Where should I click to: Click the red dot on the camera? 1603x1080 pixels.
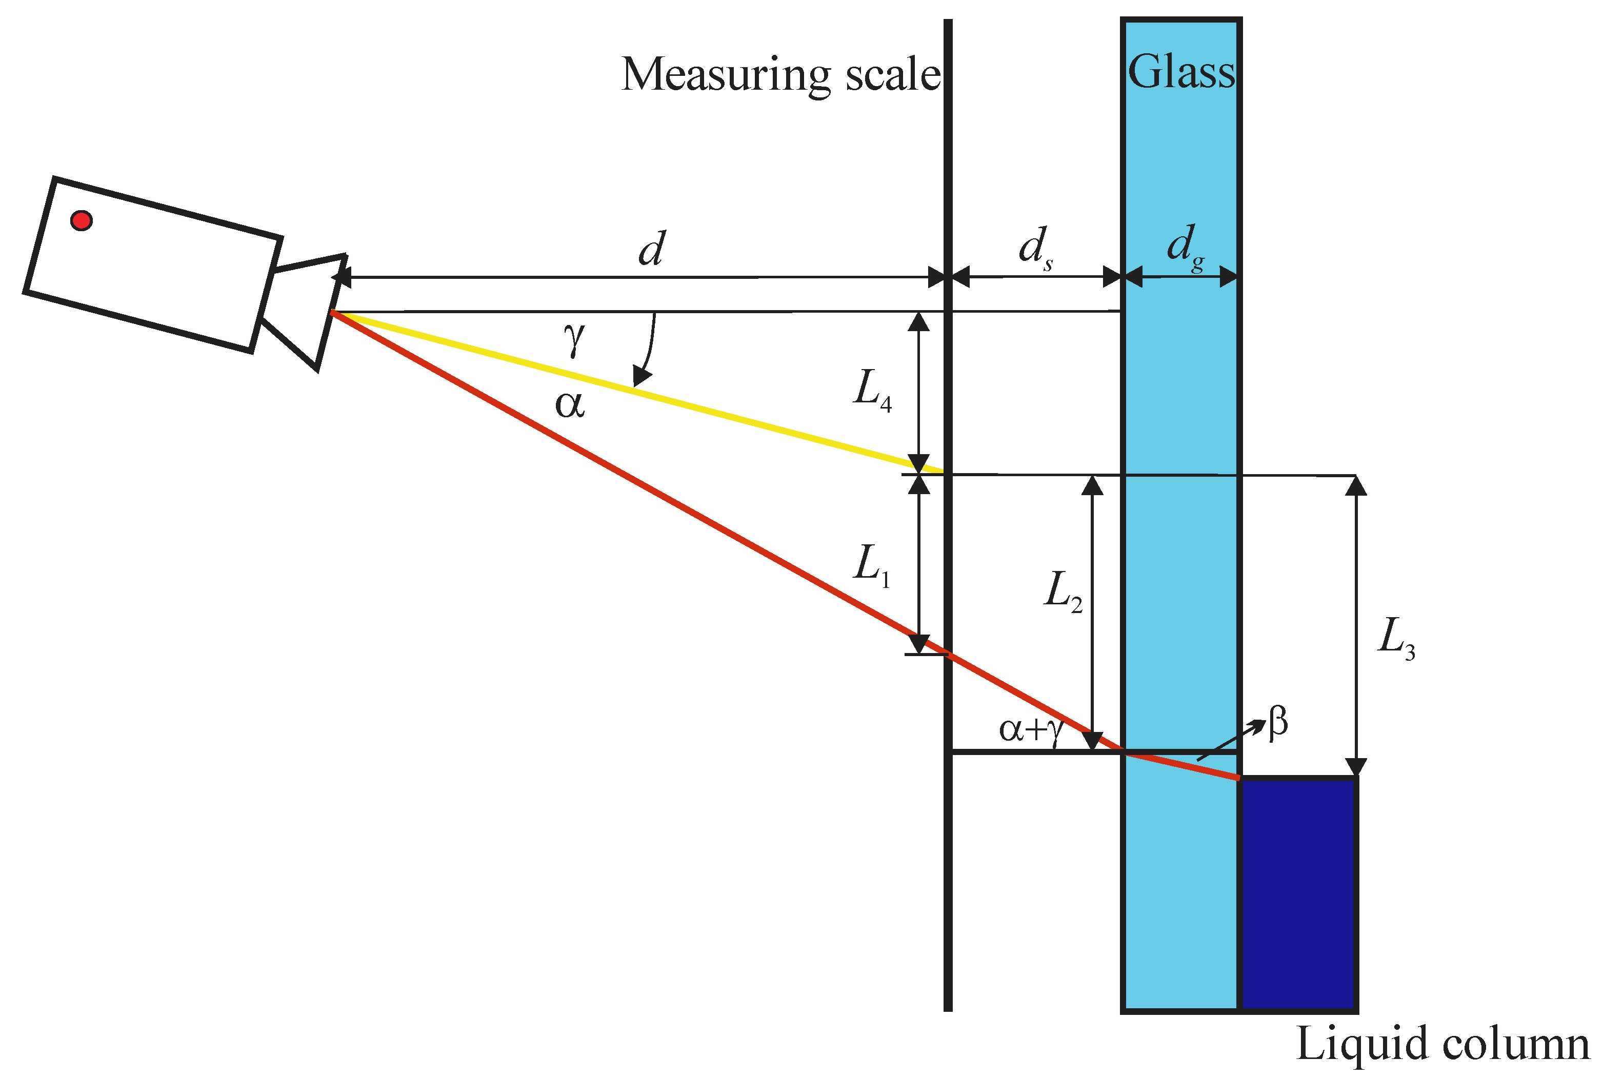pos(82,220)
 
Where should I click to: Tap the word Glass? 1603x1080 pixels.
pos(1181,72)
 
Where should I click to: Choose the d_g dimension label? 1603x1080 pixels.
pos(1185,247)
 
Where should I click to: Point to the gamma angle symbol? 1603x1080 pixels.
pos(574,338)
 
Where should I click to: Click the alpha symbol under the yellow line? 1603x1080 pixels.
pos(570,405)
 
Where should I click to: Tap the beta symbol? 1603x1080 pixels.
pos(1278,723)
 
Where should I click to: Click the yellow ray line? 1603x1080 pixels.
pos(634,391)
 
